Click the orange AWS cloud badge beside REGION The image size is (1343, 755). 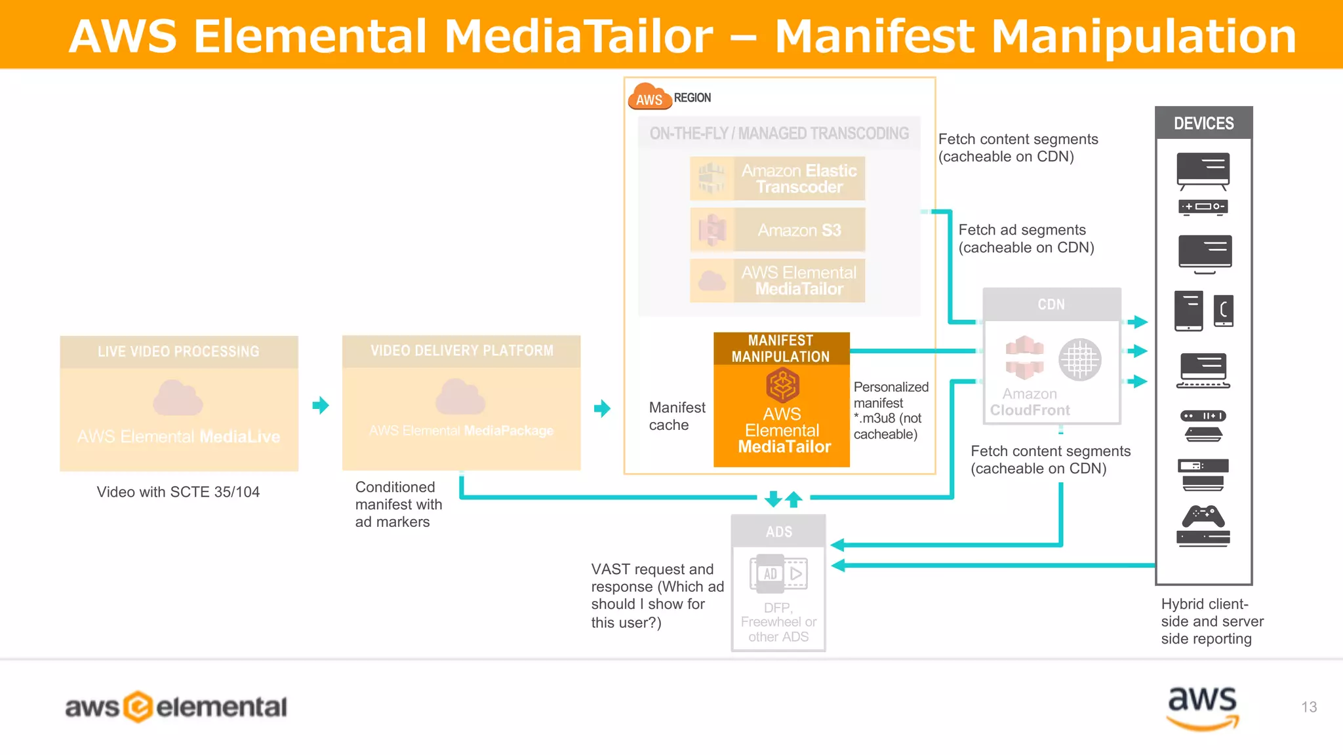[649, 98]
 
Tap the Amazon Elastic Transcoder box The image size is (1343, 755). [777, 178]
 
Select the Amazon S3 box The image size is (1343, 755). [777, 230]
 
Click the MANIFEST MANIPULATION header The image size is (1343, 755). [781, 349]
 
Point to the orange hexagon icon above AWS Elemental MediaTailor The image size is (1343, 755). [782, 385]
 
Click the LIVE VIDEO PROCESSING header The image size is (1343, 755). [178, 352]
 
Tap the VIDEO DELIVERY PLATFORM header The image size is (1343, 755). [461, 351]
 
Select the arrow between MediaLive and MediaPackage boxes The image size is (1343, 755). [321, 405]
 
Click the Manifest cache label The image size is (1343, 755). [676, 416]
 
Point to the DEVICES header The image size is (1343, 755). [1203, 123]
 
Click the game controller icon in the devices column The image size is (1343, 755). [1203, 516]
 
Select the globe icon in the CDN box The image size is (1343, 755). [1079, 359]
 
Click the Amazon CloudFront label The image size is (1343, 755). [1030, 402]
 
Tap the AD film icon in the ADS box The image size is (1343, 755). [778, 573]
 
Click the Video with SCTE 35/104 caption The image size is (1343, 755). [178, 492]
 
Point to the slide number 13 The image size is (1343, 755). [1309, 707]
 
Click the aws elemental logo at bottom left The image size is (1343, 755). [176, 707]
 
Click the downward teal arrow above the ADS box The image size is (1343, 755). [773, 499]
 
